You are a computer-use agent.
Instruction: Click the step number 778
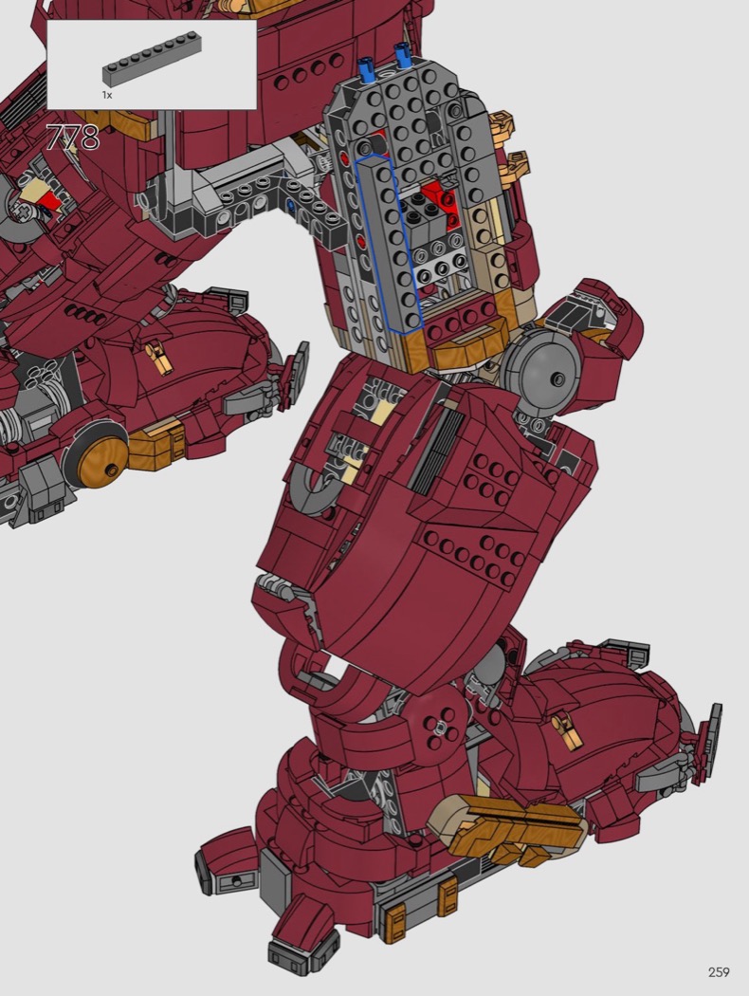click(73, 138)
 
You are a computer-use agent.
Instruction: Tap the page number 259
click(719, 972)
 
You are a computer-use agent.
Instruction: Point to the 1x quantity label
click(106, 95)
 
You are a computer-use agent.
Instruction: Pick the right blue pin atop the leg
click(401, 56)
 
